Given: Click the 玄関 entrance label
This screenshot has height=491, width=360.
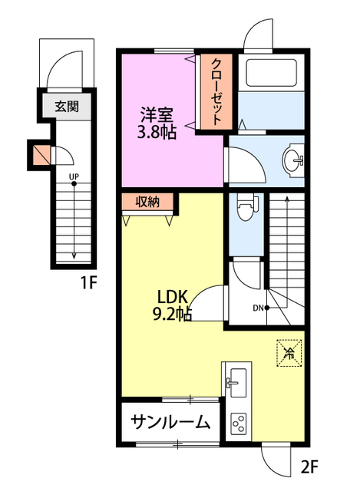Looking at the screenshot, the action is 67,107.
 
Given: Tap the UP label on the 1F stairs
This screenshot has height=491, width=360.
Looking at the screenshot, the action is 74,176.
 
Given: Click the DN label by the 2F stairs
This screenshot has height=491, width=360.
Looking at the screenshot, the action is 258,308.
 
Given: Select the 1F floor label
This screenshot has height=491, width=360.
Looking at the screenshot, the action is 89,282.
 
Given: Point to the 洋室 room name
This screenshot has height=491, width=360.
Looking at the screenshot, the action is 157,115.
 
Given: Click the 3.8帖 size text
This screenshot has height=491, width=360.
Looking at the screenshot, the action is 157,133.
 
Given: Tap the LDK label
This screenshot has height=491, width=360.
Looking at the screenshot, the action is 172,297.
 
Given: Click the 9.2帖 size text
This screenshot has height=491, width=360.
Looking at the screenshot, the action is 172,314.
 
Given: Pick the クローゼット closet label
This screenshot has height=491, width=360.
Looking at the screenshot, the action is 216,92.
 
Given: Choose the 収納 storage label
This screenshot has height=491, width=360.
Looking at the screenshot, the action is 147,202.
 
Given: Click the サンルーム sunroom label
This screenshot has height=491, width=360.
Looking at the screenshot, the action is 170,423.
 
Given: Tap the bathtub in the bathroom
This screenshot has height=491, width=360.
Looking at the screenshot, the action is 271,73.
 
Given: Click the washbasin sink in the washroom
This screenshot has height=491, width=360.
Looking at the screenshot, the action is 293,160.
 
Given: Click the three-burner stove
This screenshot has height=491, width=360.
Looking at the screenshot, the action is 239,423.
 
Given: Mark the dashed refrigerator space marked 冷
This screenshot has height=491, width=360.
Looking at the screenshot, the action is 289,353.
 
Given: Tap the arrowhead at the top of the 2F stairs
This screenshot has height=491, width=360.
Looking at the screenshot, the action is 286,199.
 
